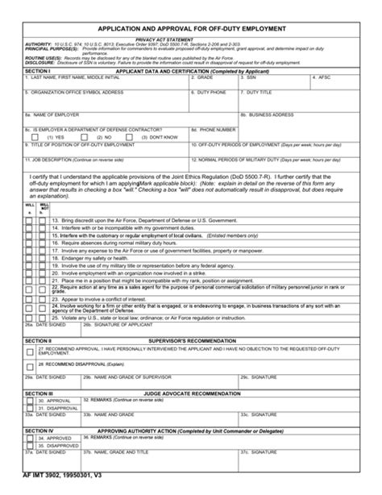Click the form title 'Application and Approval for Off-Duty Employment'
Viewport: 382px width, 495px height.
pyautogui.click(x=191, y=28)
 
